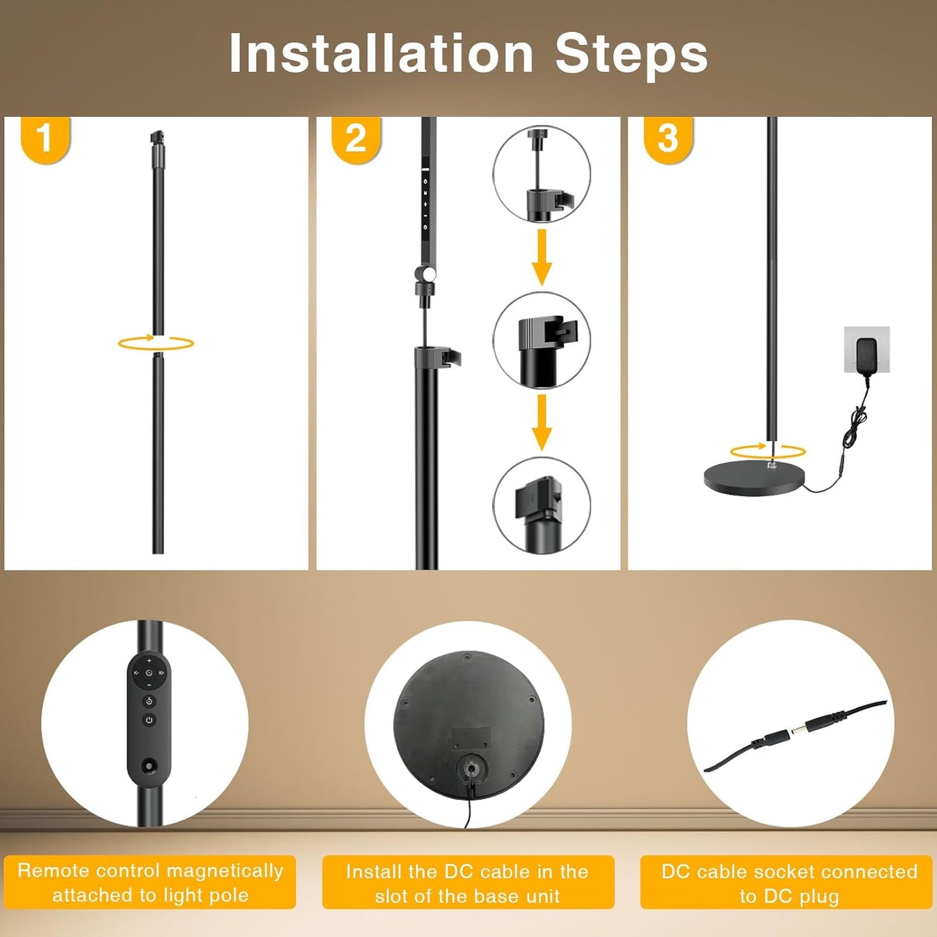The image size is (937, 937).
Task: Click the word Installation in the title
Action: [x=381, y=54]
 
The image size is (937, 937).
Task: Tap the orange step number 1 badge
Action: [x=45, y=138]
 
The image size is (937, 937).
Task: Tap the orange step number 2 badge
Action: [x=356, y=138]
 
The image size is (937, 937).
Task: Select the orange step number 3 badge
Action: [x=668, y=138]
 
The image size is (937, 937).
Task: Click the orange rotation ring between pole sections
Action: [x=156, y=343]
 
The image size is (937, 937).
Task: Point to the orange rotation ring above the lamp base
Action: [x=768, y=451]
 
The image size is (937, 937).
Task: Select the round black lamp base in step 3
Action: [x=754, y=479]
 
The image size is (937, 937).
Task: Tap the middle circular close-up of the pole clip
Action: [x=541, y=340]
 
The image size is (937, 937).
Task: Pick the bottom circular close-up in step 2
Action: [x=541, y=506]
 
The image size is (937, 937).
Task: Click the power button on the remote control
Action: [x=149, y=720]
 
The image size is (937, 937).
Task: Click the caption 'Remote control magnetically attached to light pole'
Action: [x=150, y=883]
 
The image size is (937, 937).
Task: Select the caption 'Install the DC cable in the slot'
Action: [x=468, y=883]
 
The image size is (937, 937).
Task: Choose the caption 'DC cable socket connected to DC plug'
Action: [x=789, y=883]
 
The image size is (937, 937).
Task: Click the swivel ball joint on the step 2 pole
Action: [x=427, y=274]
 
